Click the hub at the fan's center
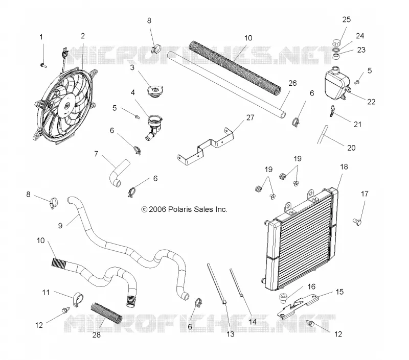tap(67, 106)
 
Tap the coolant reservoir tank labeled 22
tap(337, 82)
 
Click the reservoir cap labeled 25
tap(336, 42)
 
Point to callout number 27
tap(250, 117)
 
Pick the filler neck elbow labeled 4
tap(154, 127)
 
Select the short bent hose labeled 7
tap(119, 173)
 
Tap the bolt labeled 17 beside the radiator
tap(357, 222)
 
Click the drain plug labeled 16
tap(283, 298)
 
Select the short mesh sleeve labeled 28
tap(106, 313)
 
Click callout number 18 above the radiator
tap(344, 166)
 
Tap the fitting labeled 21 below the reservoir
tap(332, 111)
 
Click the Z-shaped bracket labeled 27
tap(206, 147)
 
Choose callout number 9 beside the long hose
tap(60, 226)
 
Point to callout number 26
tap(292, 83)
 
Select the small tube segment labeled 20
tap(322, 135)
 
